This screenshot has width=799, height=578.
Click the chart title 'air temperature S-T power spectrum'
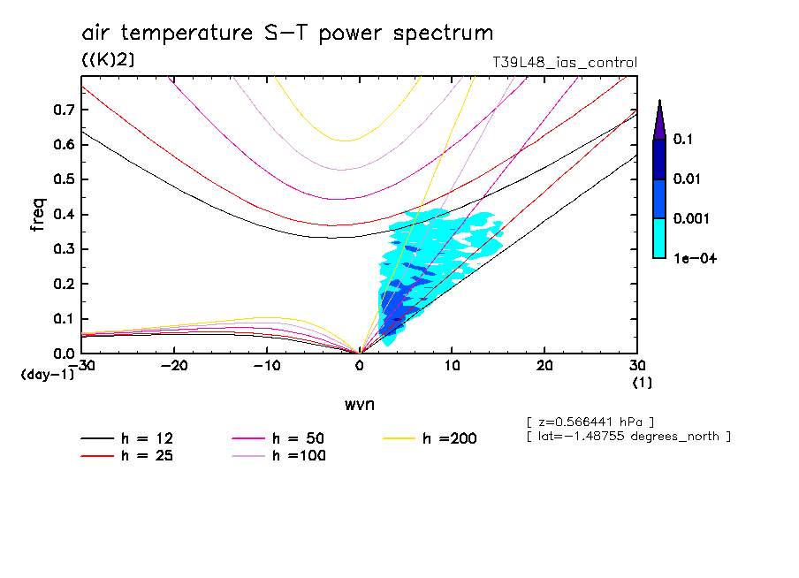[x=287, y=34]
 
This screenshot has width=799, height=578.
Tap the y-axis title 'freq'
[x=37, y=216]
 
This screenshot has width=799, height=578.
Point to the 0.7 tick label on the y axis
[x=62, y=110]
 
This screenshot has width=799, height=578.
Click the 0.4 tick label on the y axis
[x=62, y=215]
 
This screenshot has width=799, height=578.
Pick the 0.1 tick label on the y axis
[x=62, y=319]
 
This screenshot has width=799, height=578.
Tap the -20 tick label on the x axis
[x=175, y=366]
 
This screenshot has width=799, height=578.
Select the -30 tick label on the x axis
[x=82, y=366]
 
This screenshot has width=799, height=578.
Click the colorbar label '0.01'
[x=688, y=179]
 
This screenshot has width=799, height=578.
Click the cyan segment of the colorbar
[x=659, y=239]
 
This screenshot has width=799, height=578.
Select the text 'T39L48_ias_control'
[x=564, y=63]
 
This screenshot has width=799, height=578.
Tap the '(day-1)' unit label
[x=47, y=375]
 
